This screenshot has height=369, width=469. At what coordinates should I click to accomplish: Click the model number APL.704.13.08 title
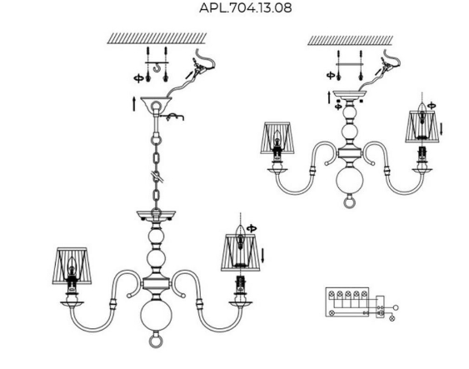click(x=245, y=7)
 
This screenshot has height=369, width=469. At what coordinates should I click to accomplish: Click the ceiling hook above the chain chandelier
click(x=157, y=68)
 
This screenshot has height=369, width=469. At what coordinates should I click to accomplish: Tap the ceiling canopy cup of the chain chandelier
click(x=156, y=104)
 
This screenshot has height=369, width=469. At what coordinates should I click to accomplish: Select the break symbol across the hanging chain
click(x=157, y=177)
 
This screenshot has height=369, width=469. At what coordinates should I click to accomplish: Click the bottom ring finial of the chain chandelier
click(x=156, y=341)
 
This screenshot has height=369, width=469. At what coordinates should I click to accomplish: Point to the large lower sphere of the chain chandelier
click(x=156, y=316)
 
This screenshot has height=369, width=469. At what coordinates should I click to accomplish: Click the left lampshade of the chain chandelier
click(x=72, y=266)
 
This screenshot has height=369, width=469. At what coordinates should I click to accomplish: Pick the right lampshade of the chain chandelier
click(x=241, y=252)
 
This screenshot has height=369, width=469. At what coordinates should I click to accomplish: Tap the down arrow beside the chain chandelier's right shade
click(x=262, y=255)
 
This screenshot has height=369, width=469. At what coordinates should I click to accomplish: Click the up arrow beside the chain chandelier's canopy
click(x=134, y=104)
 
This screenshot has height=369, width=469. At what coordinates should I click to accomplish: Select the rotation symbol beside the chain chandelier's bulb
click(x=252, y=228)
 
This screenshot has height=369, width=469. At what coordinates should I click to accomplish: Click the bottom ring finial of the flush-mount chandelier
click(x=349, y=201)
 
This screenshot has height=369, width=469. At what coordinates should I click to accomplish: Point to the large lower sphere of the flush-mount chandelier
click(x=349, y=180)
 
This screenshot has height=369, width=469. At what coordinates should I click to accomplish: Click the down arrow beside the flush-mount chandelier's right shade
click(x=441, y=128)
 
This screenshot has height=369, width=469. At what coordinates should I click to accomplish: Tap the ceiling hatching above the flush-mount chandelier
click(x=350, y=40)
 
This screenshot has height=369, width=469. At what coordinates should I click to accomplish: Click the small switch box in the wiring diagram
click(x=380, y=307)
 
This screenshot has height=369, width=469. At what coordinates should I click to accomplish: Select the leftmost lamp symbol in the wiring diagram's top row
click(x=332, y=294)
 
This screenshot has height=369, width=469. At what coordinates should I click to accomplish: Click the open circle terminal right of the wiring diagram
click(x=396, y=307)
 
